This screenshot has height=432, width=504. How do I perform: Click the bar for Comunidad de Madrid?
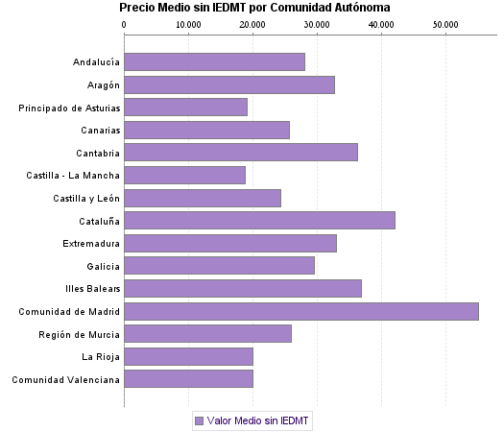pyautogui.click(x=301, y=311)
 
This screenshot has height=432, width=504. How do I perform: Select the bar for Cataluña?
pyautogui.click(x=259, y=221)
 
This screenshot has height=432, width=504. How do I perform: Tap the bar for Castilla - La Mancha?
pyautogui.click(x=185, y=176)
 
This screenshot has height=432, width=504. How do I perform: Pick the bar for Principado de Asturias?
pyautogui.click(x=186, y=108)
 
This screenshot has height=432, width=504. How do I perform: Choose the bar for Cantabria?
pyautogui.click(x=241, y=153)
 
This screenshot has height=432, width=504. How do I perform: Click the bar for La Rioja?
pyautogui.click(x=189, y=357)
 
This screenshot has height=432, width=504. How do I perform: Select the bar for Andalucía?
pyautogui.click(x=215, y=62)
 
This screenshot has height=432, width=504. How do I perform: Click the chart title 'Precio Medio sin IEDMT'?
pyautogui.click(x=254, y=8)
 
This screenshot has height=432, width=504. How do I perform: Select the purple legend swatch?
pyautogui.click(x=199, y=420)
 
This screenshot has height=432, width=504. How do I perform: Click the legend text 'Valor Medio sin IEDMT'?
pyautogui.click(x=259, y=420)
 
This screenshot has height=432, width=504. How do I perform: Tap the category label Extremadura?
pyautogui.click(x=91, y=244)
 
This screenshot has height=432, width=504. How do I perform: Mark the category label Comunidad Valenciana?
pyautogui.click(x=65, y=380)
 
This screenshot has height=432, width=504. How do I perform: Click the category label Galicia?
pyautogui.click(x=103, y=266)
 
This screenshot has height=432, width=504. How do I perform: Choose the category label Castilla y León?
pyautogui.click(x=86, y=198)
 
